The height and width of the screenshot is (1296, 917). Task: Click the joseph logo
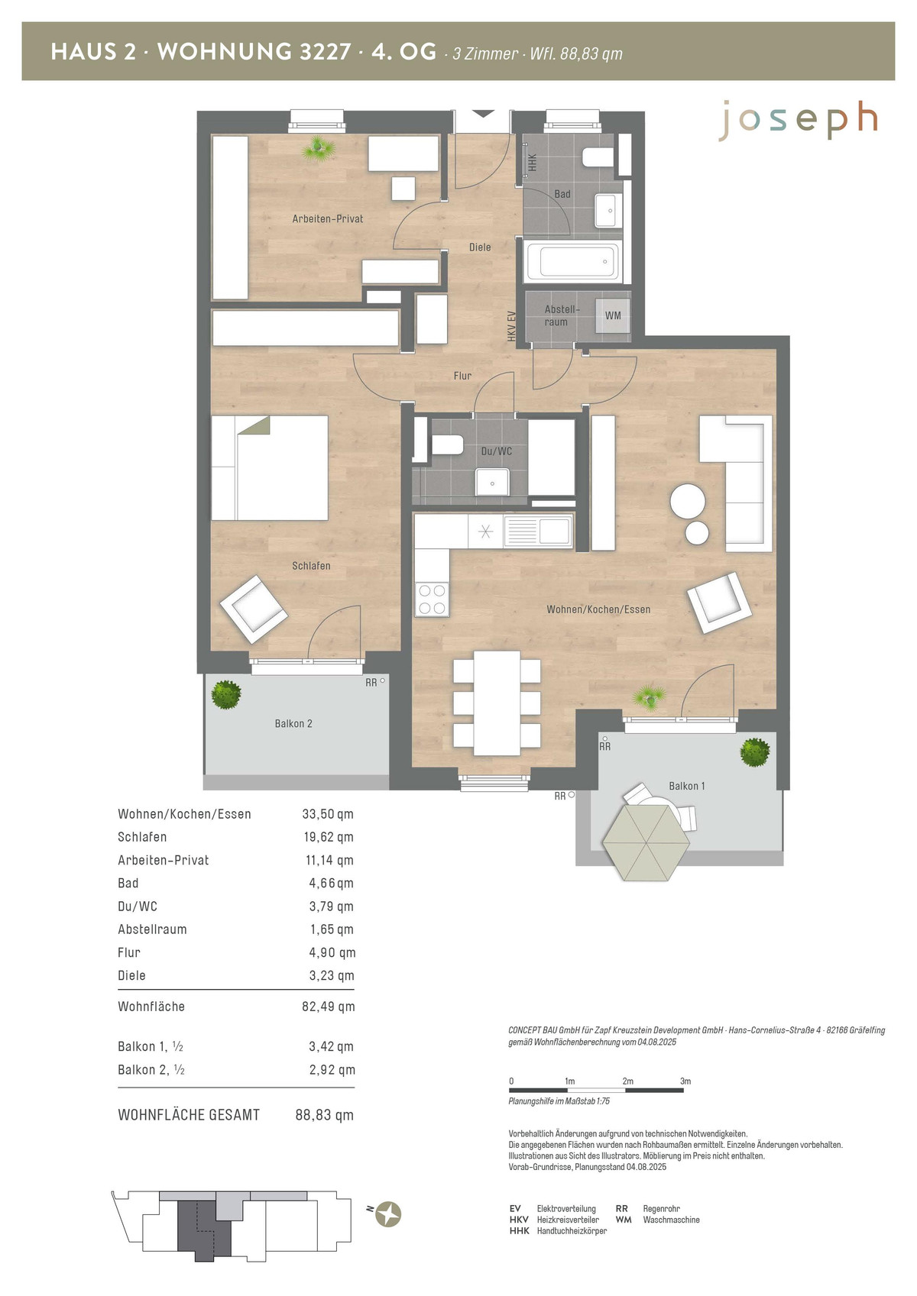click(799, 121)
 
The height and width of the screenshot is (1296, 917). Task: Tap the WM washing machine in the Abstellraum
click(613, 316)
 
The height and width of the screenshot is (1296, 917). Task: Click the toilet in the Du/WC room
click(447, 445)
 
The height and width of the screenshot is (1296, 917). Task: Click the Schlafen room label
click(311, 566)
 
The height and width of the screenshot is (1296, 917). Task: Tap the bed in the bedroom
click(270, 467)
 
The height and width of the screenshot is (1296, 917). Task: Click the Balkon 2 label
click(293, 724)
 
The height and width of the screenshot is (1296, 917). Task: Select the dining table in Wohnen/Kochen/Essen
click(497, 703)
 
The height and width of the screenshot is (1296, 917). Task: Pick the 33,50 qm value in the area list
click(328, 814)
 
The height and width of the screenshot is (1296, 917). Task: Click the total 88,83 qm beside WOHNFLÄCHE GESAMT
click(324, 1115)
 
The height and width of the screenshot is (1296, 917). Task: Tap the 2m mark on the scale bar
click(627, 1081)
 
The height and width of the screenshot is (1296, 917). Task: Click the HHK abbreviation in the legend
click(520, 1230)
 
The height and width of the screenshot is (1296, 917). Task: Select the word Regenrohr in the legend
click(661, 1209)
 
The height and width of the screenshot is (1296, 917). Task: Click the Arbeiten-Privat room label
click(328, 218)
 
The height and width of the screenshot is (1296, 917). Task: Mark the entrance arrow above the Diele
click(481, 114)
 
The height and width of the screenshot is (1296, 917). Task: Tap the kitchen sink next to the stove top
click(538, 531)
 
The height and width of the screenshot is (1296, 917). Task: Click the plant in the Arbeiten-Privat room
click(319, 149)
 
